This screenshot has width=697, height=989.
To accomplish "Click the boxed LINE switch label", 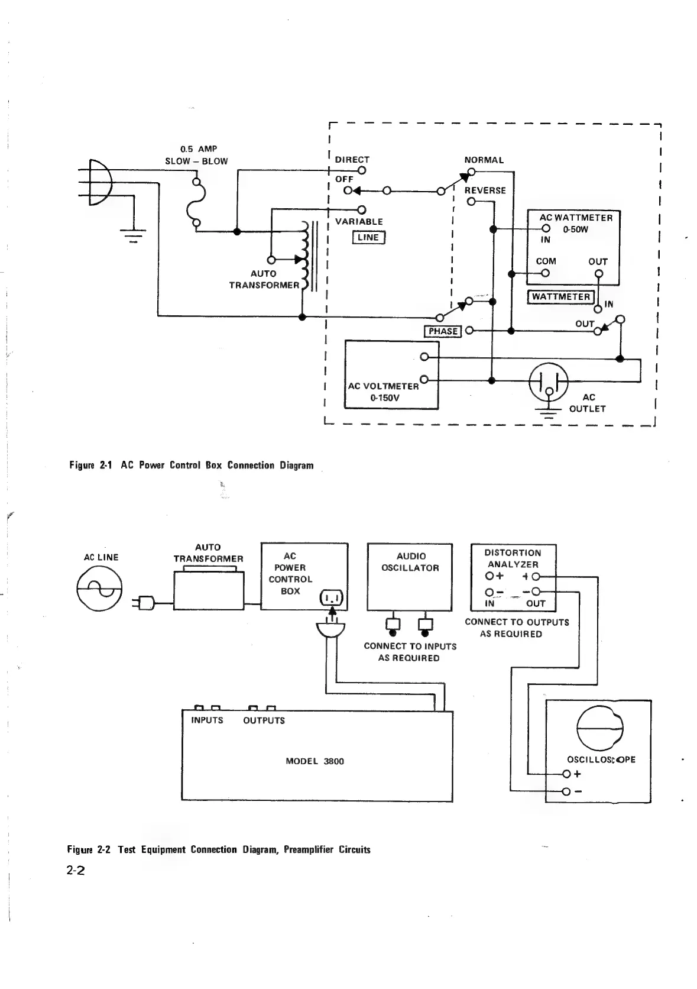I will (368, 238).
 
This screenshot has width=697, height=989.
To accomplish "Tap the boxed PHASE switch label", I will (443, 331).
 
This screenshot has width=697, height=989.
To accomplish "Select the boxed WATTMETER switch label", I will (560, 297).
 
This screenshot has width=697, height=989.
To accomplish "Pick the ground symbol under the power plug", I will (133, 234).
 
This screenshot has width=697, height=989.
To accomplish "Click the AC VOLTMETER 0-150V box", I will (391, 375).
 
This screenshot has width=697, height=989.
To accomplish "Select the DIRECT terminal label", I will (352, 160).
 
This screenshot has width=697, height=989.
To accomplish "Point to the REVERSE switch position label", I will (485, 190).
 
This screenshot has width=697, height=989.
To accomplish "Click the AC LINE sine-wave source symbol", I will (99, 588).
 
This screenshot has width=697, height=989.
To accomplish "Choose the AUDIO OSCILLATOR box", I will (410, 577).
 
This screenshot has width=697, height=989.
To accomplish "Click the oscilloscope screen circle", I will (599, 729).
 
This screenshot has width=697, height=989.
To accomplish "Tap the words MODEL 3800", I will (315, 761).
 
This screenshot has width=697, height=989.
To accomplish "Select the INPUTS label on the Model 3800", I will (207, 720).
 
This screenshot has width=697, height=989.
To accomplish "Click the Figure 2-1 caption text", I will (191, 466).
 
